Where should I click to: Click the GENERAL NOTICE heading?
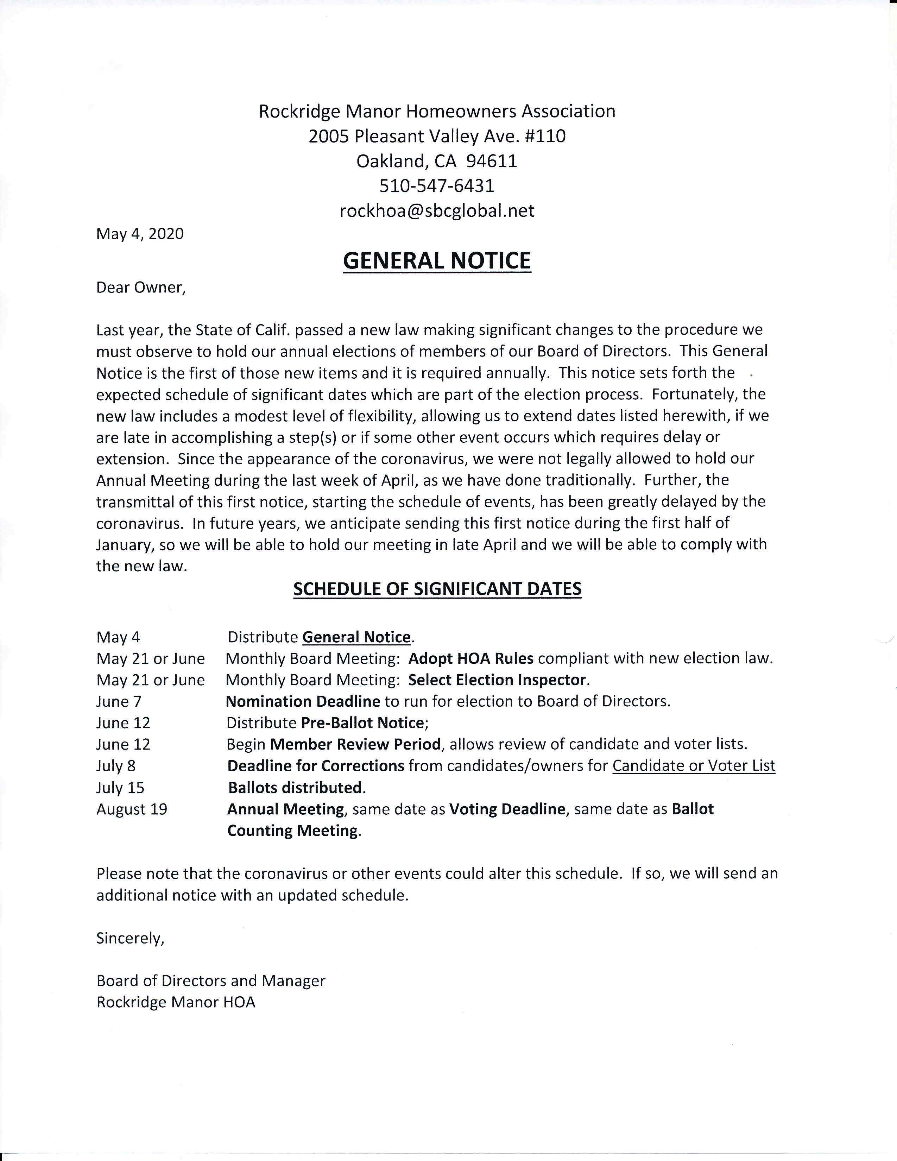437,260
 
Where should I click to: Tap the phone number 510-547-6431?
437,185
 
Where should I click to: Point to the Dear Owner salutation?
141,287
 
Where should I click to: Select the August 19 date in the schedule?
132,809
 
